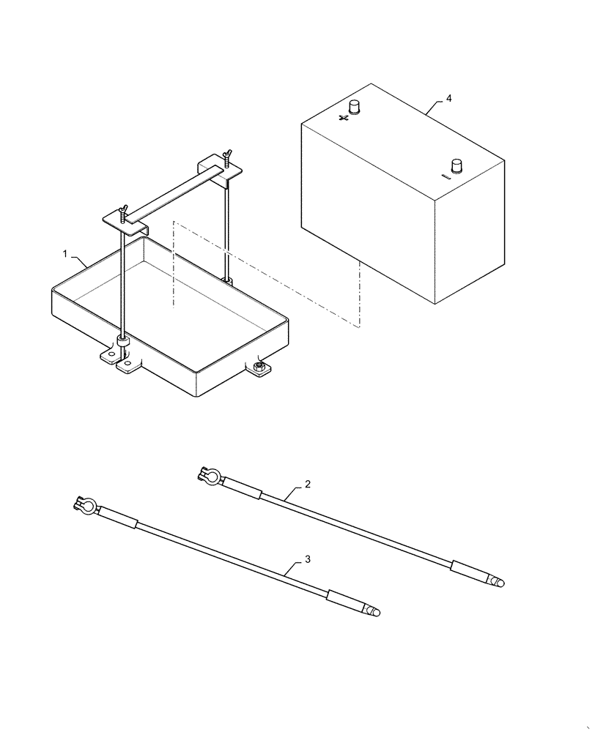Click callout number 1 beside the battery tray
(66, 254)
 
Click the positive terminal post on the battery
(356, 108)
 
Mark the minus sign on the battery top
(445, 176)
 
